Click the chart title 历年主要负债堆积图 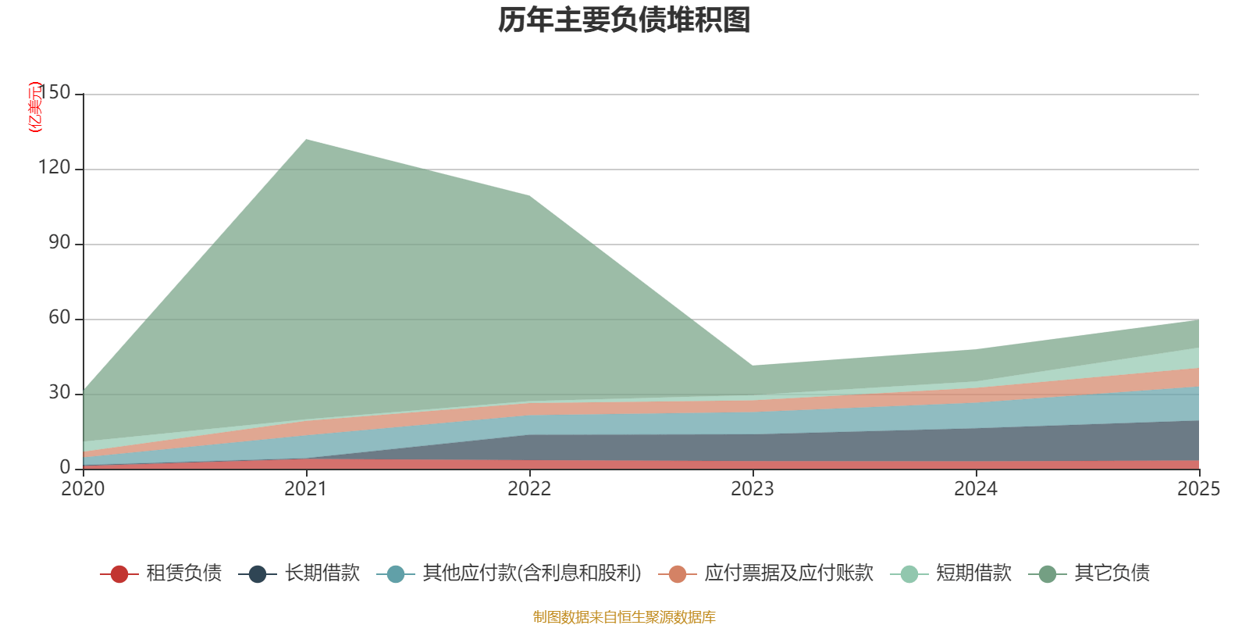624,20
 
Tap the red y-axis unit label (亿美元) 35,106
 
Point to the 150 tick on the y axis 55,93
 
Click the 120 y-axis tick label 55,167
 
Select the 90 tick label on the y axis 59,243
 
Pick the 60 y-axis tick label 59,317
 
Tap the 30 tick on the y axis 59,393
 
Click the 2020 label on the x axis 83,489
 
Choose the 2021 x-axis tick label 306,489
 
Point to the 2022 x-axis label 529,489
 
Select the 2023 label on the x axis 753,489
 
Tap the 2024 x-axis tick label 976,489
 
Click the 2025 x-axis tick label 1199,489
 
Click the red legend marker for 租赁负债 119,573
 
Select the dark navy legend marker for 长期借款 257,573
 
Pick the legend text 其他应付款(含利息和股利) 532,573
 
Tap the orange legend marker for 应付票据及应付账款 677,573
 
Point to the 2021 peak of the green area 306,140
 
